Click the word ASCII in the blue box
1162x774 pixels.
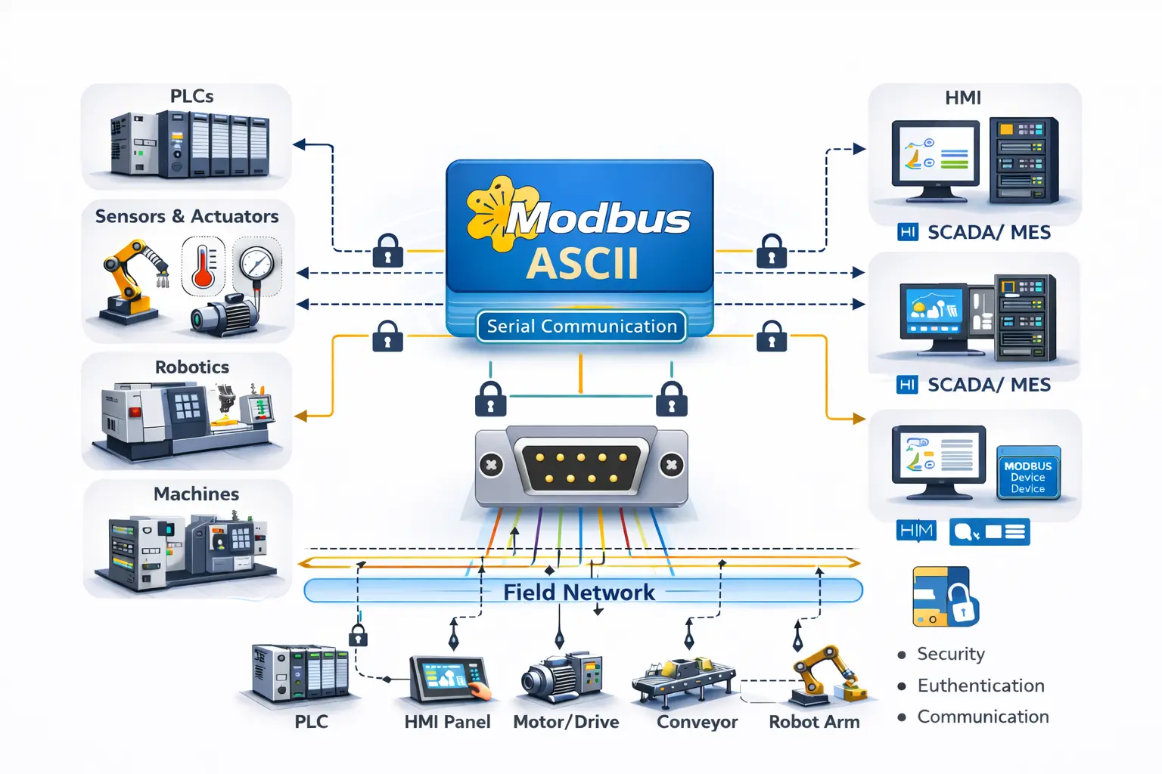[x=582, y=264]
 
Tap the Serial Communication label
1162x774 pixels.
[x=582, y=327]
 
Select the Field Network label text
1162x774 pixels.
[x=579, y=592]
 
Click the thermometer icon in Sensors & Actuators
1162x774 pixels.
[x=203, y=266]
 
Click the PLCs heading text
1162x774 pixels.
[x=191, y=97]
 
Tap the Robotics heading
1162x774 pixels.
[x=192, y=367]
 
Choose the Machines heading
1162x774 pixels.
[x=196, y=494]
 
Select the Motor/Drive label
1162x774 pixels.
[x=566, y=722]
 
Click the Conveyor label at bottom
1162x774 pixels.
[x=697, y=722]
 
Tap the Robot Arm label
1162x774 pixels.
[x=814, y=722]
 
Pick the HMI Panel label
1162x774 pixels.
[x=447, y=722]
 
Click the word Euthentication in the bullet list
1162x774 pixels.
[x=980, y=686]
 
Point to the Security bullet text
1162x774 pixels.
[x=951, y=654]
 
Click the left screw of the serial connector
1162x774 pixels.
[x=491, y=465]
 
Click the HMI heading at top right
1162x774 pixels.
[x=963, y=98]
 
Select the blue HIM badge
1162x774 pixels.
[x=916, y=531]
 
